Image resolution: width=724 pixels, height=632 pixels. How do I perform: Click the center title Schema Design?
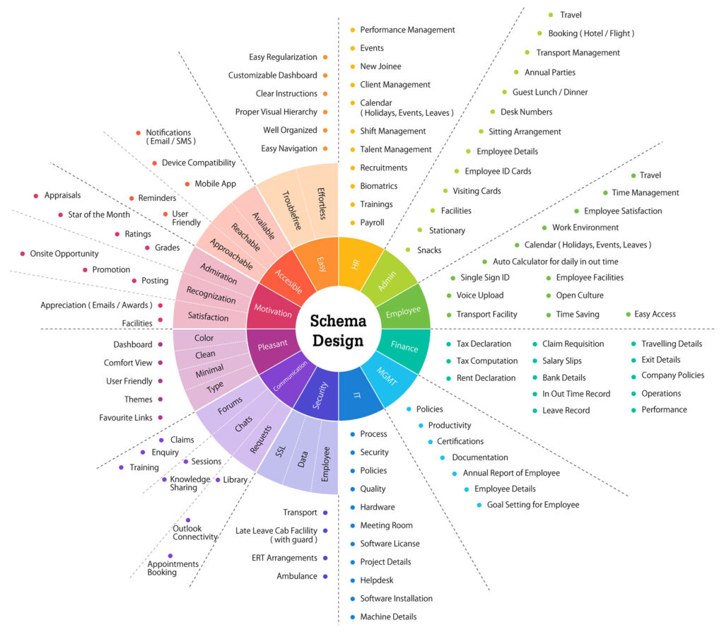pos(339,331)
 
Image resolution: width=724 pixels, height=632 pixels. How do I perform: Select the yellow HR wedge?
pos(356,264)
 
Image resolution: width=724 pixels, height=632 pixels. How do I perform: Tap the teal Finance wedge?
pos(404,346)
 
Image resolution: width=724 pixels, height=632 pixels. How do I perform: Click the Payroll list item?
pos(372,223)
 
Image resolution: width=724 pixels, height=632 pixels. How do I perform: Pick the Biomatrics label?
pos(378,186)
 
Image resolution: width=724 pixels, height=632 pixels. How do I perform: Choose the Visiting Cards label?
pos(477,191)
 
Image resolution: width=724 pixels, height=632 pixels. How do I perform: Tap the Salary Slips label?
pos(562,361)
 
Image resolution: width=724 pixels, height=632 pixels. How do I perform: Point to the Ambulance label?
pos(296,576)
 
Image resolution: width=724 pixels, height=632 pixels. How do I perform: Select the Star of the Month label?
pos(99,214)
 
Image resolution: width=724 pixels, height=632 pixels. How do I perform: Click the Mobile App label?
pos(215,184)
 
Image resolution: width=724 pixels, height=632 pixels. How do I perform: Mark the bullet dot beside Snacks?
pos(408,250)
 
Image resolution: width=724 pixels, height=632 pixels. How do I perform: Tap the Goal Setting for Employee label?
pos(532,505)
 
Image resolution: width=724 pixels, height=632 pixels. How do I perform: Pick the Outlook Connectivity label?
pos(195,532)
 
